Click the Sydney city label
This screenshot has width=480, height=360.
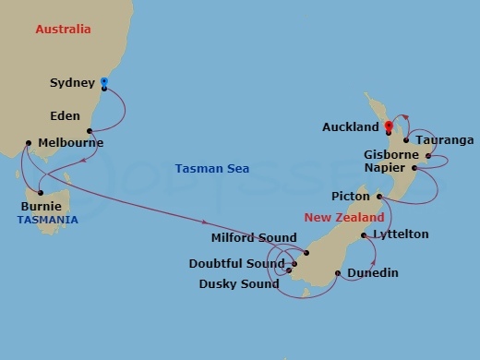coord(72,83)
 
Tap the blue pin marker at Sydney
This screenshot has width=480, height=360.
coord(103,83)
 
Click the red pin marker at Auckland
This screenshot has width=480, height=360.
coord(389,126)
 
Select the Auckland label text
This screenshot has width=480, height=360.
coord(351,126)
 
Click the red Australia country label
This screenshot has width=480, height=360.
coord(63,30)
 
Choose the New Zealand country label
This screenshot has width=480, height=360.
coord(344,217)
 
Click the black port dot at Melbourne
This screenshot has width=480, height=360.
coord(30,143)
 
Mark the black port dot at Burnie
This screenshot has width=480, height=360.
coord(41,192)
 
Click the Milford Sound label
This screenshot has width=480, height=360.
coord(254,238)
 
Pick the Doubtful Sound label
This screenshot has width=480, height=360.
coord(237,263)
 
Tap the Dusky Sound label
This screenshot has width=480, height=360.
coord(239,283)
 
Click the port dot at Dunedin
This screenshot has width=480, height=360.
coord(338,273)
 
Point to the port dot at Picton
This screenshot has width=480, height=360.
coord(378,197)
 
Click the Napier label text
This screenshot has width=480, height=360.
coord(388,169)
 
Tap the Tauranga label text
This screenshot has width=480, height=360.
coord(445,140)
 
